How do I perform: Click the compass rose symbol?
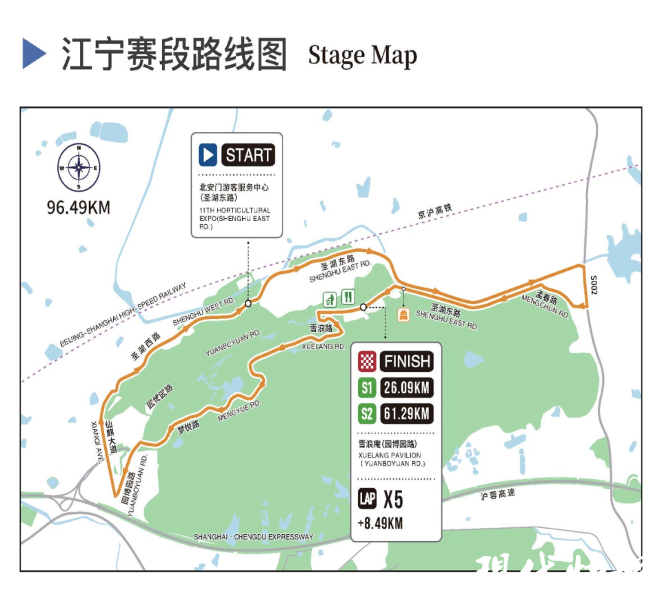79,168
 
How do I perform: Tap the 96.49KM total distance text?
79,206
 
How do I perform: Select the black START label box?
249,155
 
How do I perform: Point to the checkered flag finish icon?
366,361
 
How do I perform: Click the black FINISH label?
407,361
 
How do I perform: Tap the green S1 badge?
366,388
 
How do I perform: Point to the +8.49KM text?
380,523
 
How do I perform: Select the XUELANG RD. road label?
323,346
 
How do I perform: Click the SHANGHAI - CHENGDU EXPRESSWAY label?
253,537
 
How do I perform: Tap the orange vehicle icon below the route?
403,314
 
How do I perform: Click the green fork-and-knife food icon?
348,297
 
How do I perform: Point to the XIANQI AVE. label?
97,440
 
